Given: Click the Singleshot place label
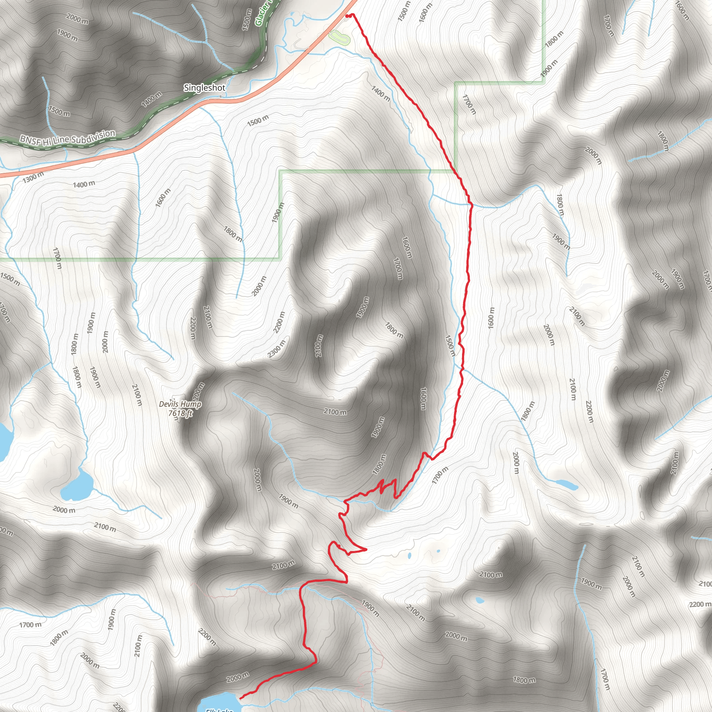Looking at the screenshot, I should (204, 88).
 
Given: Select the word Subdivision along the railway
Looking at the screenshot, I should (94, 136).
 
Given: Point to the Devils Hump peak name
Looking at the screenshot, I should (180, 404).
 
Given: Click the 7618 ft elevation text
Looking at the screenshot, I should (180, 413).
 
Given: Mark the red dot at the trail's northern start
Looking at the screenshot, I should (347, 16).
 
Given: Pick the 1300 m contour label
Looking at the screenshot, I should (33, 178).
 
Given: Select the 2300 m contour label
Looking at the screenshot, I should (276, 349).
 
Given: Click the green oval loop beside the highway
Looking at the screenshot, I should (339, 37).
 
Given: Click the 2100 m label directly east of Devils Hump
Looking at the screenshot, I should (335, 412).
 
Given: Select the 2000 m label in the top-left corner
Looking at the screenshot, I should (78, 18).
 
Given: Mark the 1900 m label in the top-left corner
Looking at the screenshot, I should (67, 35).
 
